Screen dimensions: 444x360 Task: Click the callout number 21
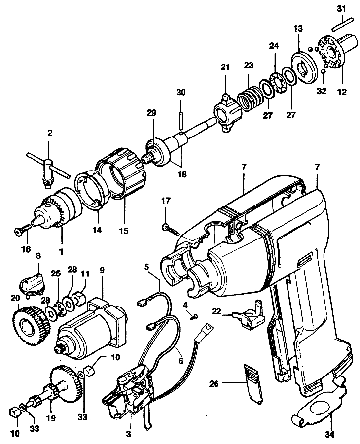coord(225,67)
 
